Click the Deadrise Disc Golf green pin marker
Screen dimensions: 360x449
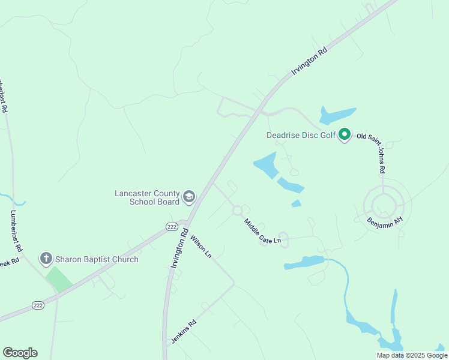[x=345, y=134]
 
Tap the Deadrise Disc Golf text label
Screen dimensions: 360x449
[x=301, y=135]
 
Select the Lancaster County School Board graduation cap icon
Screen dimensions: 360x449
[x=189, y=196]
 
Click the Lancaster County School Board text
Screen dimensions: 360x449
[x=147, y=197]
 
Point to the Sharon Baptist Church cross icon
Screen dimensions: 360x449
[x=46, y=259]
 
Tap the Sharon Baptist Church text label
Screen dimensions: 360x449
[x=97, y=259]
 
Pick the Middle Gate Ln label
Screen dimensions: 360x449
[x=262, y=232]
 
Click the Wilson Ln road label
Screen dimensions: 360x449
[x=200, y=247]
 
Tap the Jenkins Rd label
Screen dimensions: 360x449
[x=184, y=331]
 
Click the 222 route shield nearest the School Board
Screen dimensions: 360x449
[x=172, y=226]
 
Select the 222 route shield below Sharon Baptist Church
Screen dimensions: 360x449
[x=38, y=305]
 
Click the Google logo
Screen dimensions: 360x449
[x=20, y=353]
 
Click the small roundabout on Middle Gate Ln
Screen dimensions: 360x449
[x=237, y=211]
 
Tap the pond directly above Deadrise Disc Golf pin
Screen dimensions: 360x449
[x=337, y=114]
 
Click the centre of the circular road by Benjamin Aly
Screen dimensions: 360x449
[x=382, y=205]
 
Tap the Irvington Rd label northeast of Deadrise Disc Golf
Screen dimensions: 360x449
[x=310, y=61]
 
